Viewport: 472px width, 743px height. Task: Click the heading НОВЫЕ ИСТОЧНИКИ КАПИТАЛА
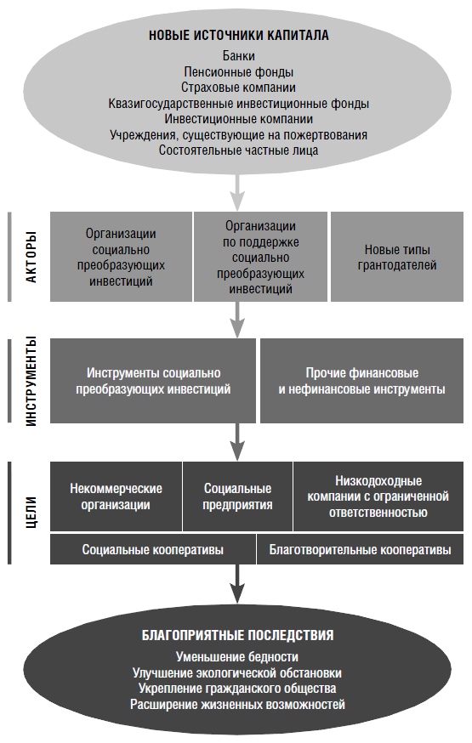click(238, 35)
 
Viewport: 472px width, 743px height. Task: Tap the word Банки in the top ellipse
click(238, 56)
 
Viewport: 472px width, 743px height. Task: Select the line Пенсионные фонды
click(238, 72)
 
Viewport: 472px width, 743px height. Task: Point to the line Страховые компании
click(238, 88)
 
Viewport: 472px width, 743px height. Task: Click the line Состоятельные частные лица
click(238, 150)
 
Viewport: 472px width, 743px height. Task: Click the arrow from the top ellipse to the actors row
click(237, 193)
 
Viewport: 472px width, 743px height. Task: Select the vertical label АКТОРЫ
click(31, 257)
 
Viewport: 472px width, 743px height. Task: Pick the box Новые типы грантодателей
click(397, 257)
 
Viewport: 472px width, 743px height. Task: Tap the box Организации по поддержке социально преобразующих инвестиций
click(260, 257)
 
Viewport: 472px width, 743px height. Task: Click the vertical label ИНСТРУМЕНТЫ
click(31, 381)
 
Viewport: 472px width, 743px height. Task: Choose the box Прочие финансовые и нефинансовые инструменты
click(361, 381)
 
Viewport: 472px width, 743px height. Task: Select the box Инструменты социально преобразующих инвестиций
click(153, 381)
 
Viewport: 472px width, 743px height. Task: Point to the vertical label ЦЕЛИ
click(31, 513)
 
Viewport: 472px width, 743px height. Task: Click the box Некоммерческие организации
click(116, 496)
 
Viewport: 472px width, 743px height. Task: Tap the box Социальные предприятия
click(237, 496)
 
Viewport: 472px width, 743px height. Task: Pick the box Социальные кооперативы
click(152, 549)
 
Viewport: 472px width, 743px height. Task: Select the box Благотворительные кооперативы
click(360, 549)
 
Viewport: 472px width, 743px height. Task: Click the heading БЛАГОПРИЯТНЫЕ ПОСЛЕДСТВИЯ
click(238, 635)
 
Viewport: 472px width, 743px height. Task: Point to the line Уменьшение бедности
click(237, 657)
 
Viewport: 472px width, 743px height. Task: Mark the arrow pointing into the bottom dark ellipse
click(237, 584)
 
